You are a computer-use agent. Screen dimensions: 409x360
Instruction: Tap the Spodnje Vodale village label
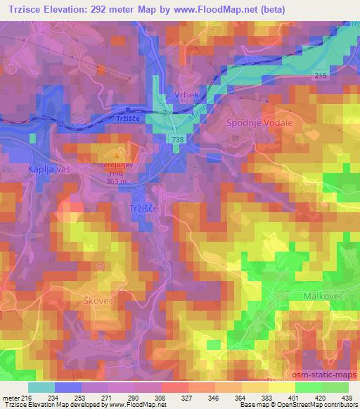(259, 122)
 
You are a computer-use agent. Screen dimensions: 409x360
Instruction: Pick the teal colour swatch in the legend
(41, 387)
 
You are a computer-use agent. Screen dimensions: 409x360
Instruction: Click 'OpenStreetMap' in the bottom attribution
(283, 405)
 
